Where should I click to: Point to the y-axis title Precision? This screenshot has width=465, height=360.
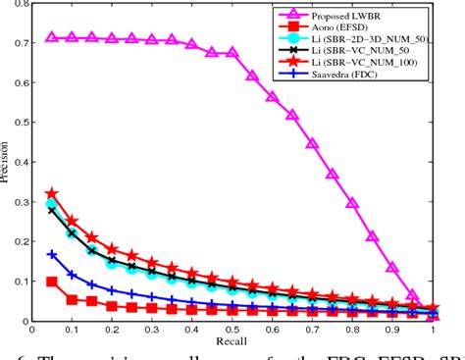pyautogui.click(x=7, y=162)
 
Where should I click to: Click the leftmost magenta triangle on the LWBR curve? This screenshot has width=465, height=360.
pyautogui.click(x=52, y=37)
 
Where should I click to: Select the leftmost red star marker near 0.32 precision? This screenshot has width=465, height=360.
pyautogui.click(x=52, y=194)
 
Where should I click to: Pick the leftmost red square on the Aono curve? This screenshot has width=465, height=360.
pyautogui.click(x=52, y=282)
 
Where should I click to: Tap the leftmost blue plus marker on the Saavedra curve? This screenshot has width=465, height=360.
pyautogui.click(x=52, y=254)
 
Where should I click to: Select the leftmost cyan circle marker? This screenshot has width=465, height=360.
pyautogui.click(x=52, y=204)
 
